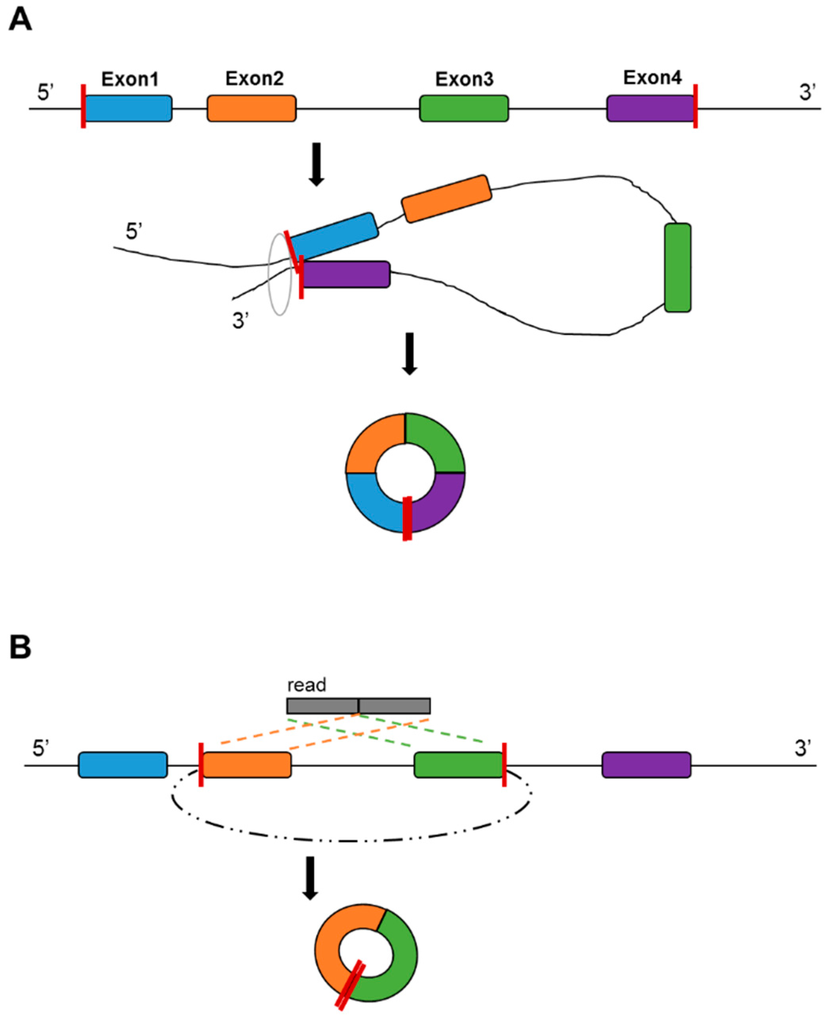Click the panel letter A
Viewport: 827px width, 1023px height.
point(20,21)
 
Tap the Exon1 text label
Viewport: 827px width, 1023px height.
point(130,80)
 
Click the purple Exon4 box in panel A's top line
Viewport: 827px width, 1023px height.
point(650,109)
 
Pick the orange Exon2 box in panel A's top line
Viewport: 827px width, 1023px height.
point(252,109)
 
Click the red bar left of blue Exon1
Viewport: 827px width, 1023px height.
point(83,106)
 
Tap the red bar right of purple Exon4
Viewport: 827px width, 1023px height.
point(696,106)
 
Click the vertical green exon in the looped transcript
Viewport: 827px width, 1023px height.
point(677,267)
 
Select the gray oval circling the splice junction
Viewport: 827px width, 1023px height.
point(270,286)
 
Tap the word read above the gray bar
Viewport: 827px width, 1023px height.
point(307,685)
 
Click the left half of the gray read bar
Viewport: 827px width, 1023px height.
point(322,706)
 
